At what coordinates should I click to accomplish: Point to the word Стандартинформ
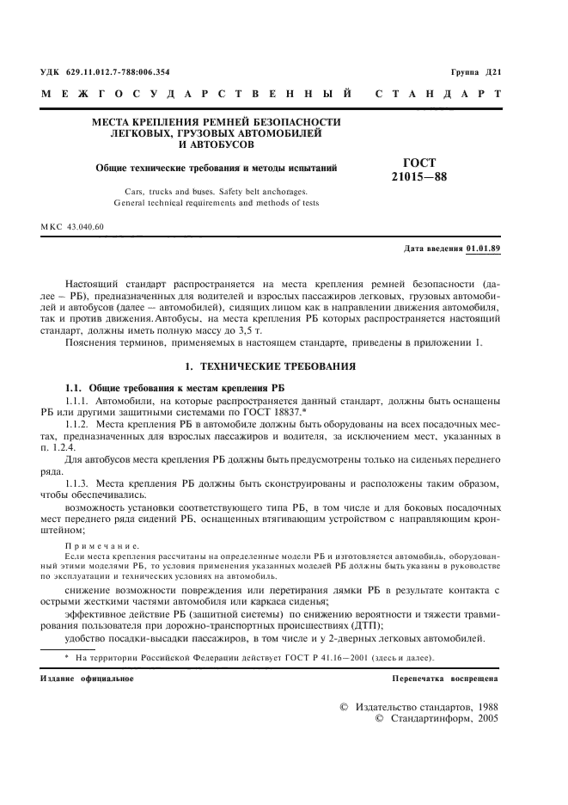pyautogui.click(x=431, y=716)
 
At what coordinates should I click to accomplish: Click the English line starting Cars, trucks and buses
pyautogui.click(x=216, y=193)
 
